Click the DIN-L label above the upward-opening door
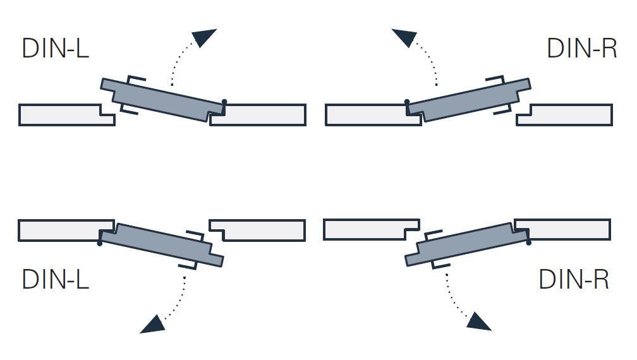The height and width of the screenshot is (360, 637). tap(55, 49)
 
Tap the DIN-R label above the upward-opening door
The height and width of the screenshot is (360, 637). tap(581, 49)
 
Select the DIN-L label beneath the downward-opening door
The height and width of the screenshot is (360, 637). tap(55, 279)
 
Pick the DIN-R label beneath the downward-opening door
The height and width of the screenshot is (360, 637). tap(574, 279)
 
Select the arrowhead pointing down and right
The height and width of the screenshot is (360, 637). tap(478, 321)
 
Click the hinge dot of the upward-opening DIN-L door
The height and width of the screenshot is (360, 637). tap(224, 102)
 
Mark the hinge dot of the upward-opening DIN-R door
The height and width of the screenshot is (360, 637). tap(407, 101)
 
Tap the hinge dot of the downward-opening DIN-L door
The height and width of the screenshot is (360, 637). tap(100, 243)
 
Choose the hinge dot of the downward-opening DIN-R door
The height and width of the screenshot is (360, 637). tap(528, 242)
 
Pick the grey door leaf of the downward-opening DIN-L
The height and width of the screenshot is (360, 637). tap(162, 245)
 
